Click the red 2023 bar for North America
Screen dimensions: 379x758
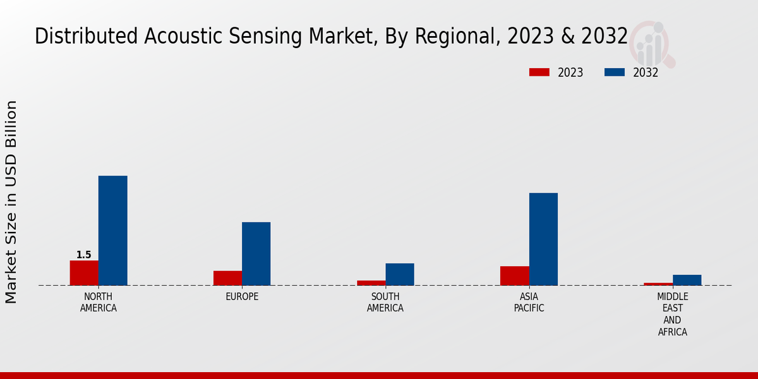84,273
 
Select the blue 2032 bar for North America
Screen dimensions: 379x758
112,231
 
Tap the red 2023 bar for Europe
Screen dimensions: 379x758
227,278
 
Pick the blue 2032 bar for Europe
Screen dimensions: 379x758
256,253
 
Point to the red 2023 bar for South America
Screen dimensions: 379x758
371,283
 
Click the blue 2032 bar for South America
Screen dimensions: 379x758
399,274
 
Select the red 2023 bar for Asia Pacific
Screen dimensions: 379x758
514,275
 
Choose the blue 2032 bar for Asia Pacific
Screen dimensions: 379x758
543,239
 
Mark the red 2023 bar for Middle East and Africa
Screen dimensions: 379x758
658,284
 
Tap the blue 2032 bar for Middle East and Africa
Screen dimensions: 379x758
687,280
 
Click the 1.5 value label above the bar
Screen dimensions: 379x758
84,255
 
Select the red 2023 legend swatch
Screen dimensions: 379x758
539,73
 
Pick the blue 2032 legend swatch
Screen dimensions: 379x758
614,73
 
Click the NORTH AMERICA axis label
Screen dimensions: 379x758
98,303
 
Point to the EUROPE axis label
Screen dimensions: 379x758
242,297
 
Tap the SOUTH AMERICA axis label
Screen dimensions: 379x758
385,303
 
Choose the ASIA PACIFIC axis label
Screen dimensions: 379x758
529,303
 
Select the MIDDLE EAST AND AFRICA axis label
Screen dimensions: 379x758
672,314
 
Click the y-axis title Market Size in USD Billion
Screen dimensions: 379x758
11,202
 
